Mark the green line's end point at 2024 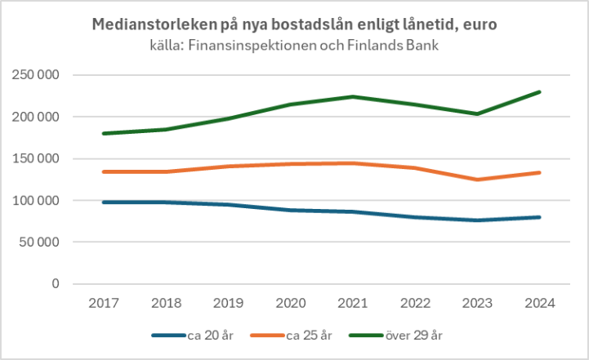[540, 92]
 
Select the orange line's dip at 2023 [478, 180]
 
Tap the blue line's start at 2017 [105, 202]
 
